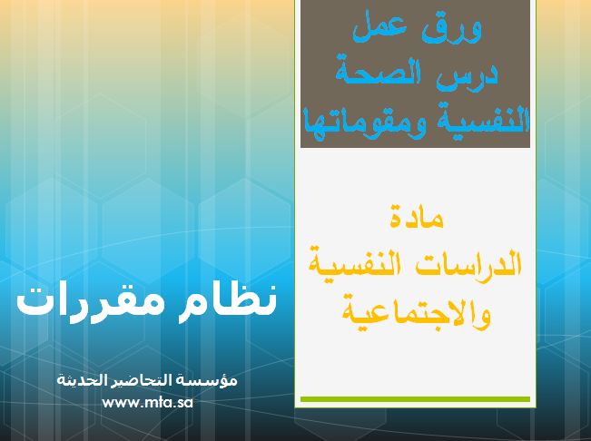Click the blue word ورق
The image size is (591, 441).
456,29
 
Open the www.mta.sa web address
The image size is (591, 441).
147,403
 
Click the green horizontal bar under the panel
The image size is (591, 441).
415,399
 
